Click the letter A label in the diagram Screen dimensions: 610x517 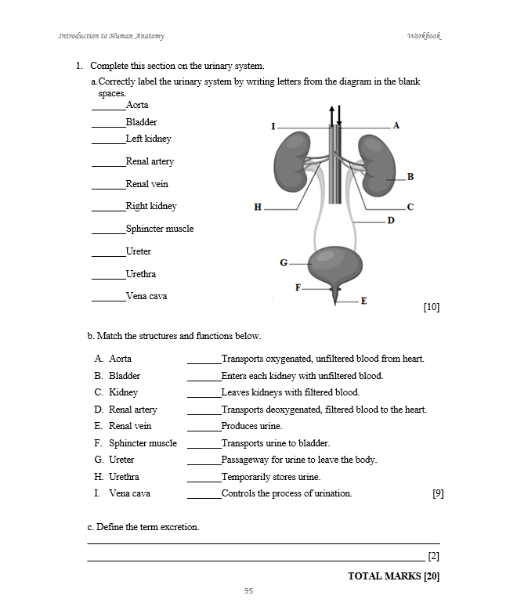click(x=396, y=125)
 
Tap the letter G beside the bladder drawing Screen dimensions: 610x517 click(x=284, y=262)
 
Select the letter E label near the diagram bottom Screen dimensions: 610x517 click(x=363, y=301)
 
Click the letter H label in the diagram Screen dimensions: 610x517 click(x=258, y=208)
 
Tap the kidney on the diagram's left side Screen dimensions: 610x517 click(x=291, y=161)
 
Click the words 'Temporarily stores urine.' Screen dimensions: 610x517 click(x=271, y=477)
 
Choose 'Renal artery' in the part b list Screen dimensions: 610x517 click(x=132, y=410)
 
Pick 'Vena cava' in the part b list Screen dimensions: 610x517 click(x=129, y=494)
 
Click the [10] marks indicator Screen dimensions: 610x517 click(x=431, y=307)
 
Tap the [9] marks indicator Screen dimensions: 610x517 click(x=438, y=494)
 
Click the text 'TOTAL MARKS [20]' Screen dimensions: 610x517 click(x=393, y=576)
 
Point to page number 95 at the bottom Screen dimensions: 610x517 click(x=248, y=591)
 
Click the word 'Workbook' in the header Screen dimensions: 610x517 click(x=424, y=36)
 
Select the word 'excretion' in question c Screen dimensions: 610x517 click(x=179, y=527)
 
